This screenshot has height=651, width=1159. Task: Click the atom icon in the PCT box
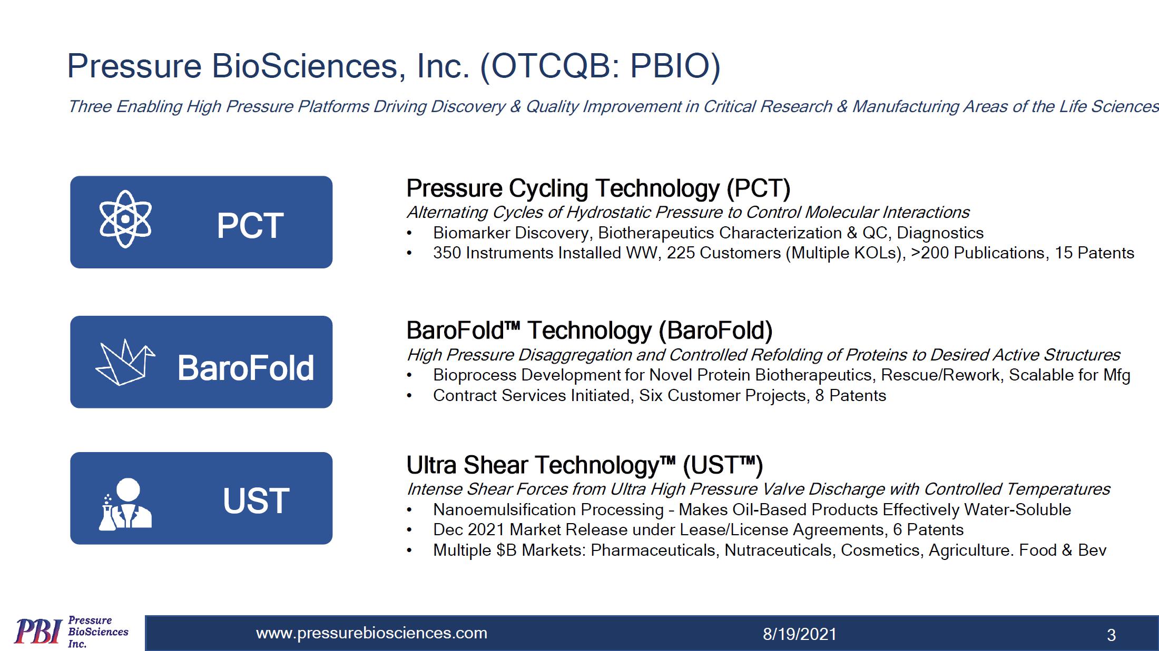(x=125, y=219)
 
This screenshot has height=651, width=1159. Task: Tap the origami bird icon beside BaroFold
(x=125, y=363)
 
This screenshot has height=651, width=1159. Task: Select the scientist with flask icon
(x=125, y=504)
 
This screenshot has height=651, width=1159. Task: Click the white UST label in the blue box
(x=256, y=500)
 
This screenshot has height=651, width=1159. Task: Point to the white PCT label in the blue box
(x=250, y=226)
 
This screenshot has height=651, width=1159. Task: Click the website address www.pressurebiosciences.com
(x=371, y=633)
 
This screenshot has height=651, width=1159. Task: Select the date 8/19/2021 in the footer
(x=800, y=634)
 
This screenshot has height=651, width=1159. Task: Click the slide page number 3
(x=1111, y=635)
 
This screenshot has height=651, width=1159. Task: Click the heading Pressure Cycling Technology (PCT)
(x=598, y=188)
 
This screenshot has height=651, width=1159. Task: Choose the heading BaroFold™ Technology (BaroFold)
(x=590, y=330)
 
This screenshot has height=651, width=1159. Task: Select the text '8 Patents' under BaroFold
(x=851, y=396)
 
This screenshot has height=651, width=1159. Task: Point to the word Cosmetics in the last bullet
(x=882, y=550)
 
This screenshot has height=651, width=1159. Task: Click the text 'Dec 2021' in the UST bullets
(x=469, y=530)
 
